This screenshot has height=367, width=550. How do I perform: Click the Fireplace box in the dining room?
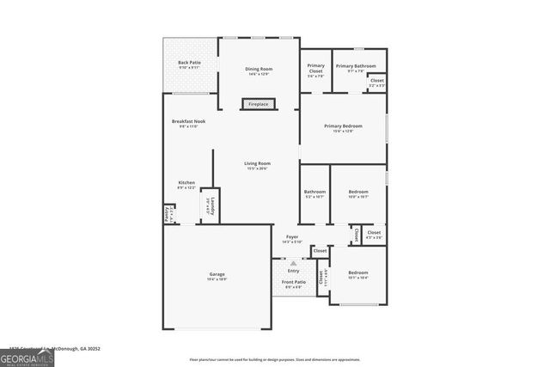pos(258,104)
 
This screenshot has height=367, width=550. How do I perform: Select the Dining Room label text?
pos(259,70)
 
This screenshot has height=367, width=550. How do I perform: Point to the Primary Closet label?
pos(316,69)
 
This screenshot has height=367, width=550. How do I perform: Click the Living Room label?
pos(257,164)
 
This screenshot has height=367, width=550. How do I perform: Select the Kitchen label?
pos(186,184)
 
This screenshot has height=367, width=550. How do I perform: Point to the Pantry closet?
pos(168,214)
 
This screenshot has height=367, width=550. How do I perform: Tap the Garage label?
pos(217,276)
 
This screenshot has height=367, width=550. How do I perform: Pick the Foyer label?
pos(292,238)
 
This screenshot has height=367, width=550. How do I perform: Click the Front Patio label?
pos(294,284)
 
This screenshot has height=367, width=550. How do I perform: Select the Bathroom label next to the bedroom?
pos(315,193)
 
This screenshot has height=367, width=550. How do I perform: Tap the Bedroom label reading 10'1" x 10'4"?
pos(357,274)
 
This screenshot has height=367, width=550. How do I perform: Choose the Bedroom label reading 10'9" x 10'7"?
pos(357,193)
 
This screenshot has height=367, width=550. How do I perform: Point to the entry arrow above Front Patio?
pos(293,263)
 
